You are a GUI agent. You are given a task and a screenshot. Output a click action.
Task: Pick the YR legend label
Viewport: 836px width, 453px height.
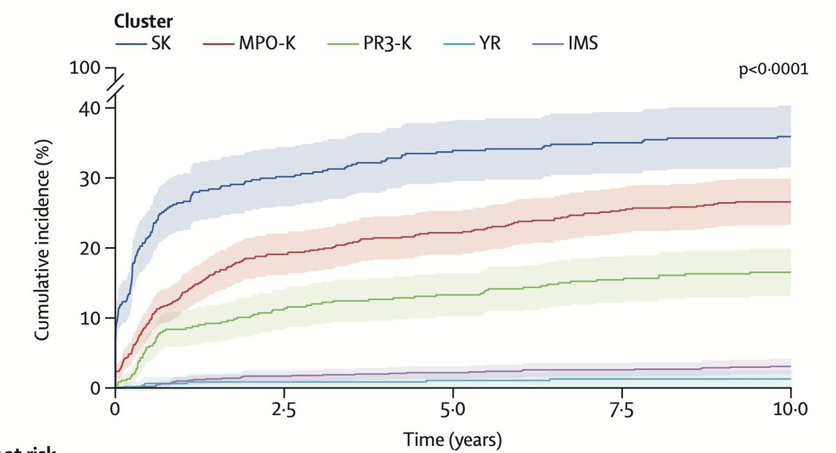pyautogui.click(x=488, y=44)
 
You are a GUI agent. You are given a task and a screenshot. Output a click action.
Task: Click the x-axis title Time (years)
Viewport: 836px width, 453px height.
pyautogui.click(x=453, y=439)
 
